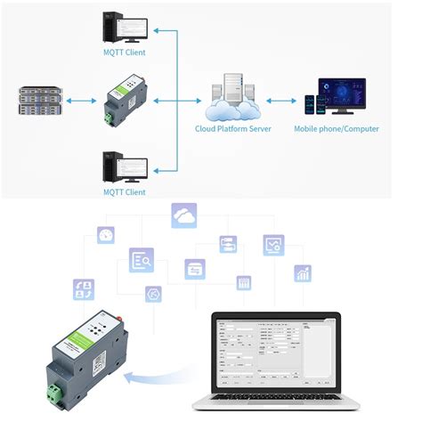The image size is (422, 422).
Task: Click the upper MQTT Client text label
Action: click(x=124, y=53)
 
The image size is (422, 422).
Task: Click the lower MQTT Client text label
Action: click(x=124, y=191)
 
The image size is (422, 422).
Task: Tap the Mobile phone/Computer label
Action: click(x=337, y=129)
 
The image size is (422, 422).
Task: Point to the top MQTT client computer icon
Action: click(x=124, y=26)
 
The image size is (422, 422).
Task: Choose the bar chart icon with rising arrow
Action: click(x=303, y=272)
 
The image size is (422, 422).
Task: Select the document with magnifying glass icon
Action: click(x=141, y=260)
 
